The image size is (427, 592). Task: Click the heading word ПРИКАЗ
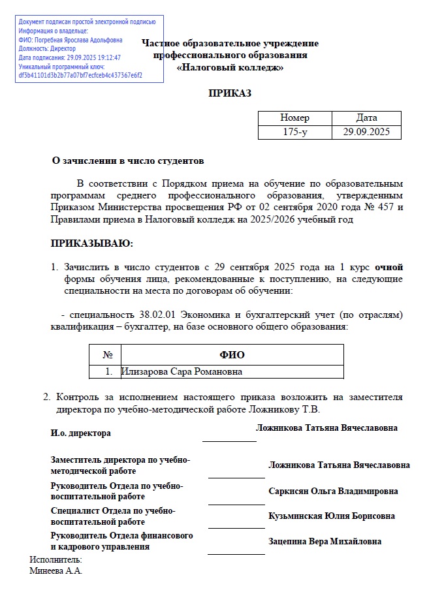[x=230, y=93]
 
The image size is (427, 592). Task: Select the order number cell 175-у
[x=294, y=132]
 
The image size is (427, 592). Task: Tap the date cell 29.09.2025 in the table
[x=366, y=132]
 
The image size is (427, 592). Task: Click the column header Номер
[x=294, y=118]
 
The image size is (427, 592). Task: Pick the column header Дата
[x=366, y=118]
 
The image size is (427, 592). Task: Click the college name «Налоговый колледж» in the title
[x=230, y=67]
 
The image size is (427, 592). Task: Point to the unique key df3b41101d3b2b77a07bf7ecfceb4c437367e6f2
[x=80, y=75]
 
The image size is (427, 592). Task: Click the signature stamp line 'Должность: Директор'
[x=48, y=48]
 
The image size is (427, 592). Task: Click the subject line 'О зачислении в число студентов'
[x=128, y=161]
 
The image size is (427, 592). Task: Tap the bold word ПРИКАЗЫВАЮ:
[x=91, y=243]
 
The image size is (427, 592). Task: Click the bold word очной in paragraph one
[x=389, y=267]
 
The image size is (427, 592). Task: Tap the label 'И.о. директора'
[x=81, y=433]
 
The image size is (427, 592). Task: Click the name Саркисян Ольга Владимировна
[x=333, y=491]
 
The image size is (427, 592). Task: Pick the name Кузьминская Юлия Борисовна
[x=332, y=516]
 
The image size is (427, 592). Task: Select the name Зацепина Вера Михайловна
[x=324, y=541]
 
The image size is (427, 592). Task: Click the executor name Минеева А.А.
[x=55, y=570]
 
